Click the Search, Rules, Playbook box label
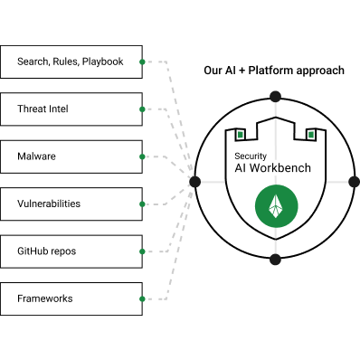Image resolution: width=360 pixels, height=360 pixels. coord(71,62)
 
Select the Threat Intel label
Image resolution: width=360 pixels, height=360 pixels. coord(43,109)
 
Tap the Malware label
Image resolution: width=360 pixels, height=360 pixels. coord(36,156)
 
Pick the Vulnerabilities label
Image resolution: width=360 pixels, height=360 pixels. coord(49,204)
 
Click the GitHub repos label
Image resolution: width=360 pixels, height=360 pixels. coord(47,251)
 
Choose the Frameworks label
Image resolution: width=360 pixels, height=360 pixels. coord(45,298)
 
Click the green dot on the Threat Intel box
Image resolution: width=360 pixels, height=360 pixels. coord(142,109)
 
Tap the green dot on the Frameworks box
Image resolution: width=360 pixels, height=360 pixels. coord(142,298)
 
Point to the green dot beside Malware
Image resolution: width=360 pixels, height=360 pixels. coord(142,156)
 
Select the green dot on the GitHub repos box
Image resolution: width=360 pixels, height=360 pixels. coord(142,251)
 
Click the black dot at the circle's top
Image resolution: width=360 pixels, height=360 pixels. coord(275,97)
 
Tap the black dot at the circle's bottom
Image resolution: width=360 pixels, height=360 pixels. coord(275,260)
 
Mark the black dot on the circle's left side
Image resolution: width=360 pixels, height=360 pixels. coord(195,182)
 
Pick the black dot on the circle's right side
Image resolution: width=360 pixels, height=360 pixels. coord(355,182)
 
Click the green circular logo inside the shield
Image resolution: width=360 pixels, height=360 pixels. coord(277,206)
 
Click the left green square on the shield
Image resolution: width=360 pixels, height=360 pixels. coord(241,135)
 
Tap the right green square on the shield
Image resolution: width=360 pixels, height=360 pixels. coord(310,135)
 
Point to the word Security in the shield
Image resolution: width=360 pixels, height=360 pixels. coord(251,156)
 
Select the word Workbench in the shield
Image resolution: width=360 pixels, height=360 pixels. coord(280,168)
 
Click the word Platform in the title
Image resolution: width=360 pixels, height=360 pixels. coord(270,71)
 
